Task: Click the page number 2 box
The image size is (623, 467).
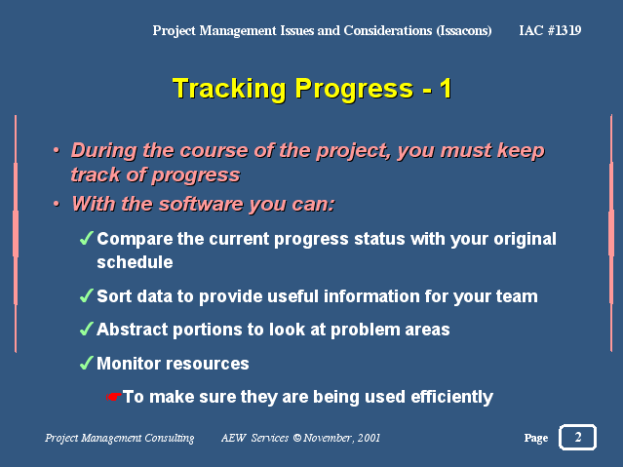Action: pyautogui.click(x=577, y=437)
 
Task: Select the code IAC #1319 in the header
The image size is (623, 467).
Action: pyautogui.click(x=550, y=30)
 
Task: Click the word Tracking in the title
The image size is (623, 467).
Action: pyautogui.click(x=229, y=89)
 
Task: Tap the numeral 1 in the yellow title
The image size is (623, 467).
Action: pyautogui.click(x=446, y=88)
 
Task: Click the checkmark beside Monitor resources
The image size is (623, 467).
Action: pyautogui.click(x=86, y=363)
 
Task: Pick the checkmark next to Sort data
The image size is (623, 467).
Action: pyautogui.click(x=86, y=295)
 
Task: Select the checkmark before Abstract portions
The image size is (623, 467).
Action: pyautogui.click(x=86, y=330)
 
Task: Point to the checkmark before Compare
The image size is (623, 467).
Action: pyautogui.click(x=86, y=238)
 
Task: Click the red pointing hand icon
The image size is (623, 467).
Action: pyautogui.click(x=114, y=397)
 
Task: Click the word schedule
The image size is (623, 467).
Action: pyautogui.click(x=135, y=262)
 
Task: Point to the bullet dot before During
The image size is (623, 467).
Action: pyautogui.click(x=57, y=150)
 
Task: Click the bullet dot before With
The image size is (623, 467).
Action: pyautogui.click(x=57, y=204)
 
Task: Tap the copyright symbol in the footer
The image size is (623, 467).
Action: pyautogui.click(x=296, y=438)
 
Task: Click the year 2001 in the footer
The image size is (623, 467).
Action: pyautogui.click(x=369, y=438)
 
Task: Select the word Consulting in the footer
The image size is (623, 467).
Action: pyautogui.click(x=170, y=438)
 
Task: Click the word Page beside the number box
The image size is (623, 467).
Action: pyautogui.click(x=536, y=438)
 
